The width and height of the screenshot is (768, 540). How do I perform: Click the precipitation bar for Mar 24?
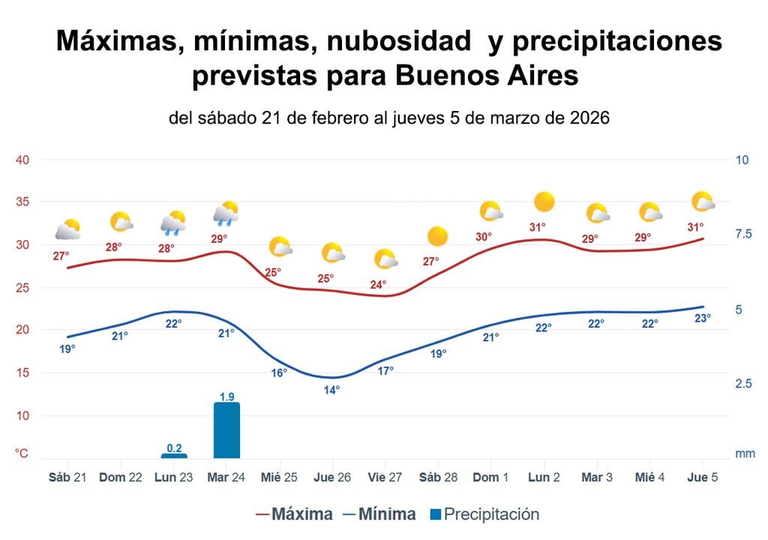click(x=226, y=430)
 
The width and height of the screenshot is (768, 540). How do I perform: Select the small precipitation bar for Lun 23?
click(x=174, y=455)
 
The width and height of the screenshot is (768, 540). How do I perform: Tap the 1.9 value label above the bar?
click(x=226, y=396)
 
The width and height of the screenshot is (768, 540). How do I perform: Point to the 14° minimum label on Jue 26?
click(x=331, y=389)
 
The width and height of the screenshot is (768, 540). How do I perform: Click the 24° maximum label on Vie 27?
click(x=378, y=285)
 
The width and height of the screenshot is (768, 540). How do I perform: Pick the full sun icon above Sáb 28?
click(x=437, y=237)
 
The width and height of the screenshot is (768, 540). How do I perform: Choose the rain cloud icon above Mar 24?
click(x=226, y=214)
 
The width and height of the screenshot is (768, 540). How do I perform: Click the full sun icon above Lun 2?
click(x=544, y=202)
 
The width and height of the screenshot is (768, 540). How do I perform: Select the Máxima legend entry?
click(x=294, y=514)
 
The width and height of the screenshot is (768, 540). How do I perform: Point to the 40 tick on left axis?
click(x=22, y=160)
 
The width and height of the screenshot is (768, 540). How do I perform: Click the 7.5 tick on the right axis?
click(x=742, y=234)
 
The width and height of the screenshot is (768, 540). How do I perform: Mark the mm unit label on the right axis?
click(x=745, y=454)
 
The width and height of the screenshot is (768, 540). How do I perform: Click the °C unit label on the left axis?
click(x=22, y=454)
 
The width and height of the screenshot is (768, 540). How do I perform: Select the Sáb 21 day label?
click(x=68, y=478)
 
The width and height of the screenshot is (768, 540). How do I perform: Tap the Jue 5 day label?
click(x=703, y=478)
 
